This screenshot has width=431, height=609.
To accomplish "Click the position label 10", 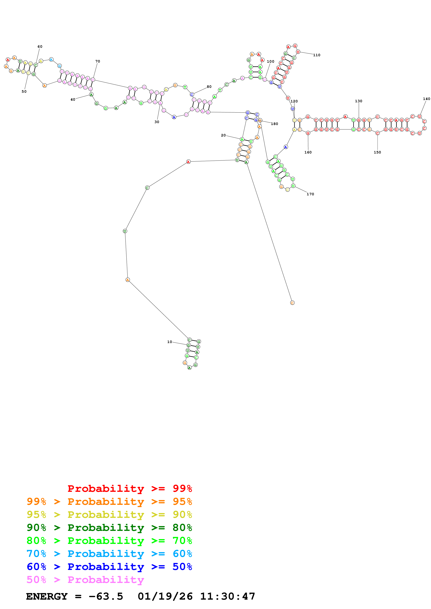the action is (x=169, y=342).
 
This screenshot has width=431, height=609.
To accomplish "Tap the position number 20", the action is (x=223, y=135).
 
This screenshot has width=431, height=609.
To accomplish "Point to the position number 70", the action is (x=98, y=61).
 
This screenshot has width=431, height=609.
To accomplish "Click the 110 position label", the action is (x=317, y=55).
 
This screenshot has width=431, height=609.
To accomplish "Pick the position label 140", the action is (x=426, y=99).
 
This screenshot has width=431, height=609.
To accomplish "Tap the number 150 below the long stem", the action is (x=377, y=152).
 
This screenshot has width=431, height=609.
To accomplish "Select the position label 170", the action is (x=310, y=194).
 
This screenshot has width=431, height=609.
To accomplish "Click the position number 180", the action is (x=274, y=124).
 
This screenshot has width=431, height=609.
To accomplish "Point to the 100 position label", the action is (x=271, y=61).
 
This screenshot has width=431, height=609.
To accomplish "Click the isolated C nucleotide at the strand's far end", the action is (x=292, y=303).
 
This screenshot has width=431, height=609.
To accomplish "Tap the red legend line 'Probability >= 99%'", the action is (x=130, y=489).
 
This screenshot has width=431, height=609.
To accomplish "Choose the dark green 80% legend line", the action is (x=109, y=528).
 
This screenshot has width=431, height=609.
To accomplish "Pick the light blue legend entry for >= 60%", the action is (x=109, y=554).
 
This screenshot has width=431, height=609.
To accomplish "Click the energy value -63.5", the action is (x=106, y=596).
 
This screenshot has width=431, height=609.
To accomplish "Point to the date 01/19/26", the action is (x=165, y=596).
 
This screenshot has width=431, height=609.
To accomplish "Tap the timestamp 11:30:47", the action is (x=228, y=596).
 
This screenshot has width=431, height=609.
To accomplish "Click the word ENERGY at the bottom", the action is (x=47, y=596).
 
